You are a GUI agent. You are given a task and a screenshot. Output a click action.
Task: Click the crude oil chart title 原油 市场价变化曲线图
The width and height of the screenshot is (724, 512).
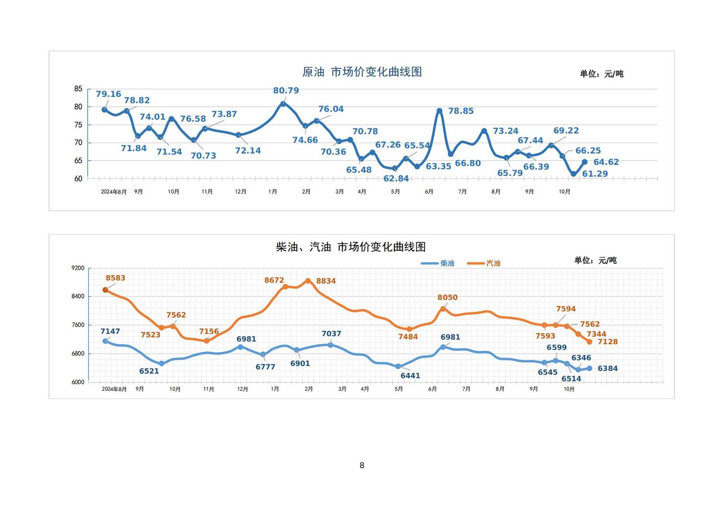pyautogui.click(x=362, y=72)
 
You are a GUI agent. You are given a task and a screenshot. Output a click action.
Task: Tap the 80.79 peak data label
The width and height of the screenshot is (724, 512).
pyautogui.click(x=286, y=91)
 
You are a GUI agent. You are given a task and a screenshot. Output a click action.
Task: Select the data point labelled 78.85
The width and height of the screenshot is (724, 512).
pyautogui.click(x=439, y=111)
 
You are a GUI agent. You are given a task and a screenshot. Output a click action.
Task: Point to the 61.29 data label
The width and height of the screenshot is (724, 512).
pyautogui.click(x=595, y=174)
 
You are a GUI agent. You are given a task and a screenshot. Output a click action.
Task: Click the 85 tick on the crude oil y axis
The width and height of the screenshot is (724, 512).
pyautogui.click(x=78, y=89)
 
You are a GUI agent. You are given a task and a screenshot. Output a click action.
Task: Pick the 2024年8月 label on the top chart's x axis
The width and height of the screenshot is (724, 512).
pyautogui.click(x=114, y=192)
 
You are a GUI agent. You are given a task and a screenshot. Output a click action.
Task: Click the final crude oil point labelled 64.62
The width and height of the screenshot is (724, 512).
pyautogui.click(x=584, y=162)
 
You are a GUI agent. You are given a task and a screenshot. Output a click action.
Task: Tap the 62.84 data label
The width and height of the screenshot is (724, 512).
pyautogui.click(x=396, y=179)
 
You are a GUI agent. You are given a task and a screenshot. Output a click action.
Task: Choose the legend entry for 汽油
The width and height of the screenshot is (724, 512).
pyautogui.click(x=484, y=263)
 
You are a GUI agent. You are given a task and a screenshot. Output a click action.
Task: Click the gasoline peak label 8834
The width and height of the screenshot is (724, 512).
pyautogui.click(x=326, y=281)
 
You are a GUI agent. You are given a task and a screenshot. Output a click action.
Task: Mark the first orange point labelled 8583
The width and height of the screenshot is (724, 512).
pyautogui.click(x=105, y=290)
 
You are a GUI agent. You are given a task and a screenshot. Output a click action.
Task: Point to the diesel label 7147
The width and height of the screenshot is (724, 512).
pyautogui.click(x=110, y=331)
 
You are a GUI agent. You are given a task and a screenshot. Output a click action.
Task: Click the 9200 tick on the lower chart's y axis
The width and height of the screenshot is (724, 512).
pyautogui.click(x=78, y=268)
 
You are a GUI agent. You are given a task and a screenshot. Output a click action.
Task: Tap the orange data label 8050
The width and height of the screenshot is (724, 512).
pyautogui.click(x=447, y=297)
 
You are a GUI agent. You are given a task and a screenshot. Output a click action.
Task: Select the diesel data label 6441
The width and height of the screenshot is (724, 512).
pyautogui.click(x=410, y=376)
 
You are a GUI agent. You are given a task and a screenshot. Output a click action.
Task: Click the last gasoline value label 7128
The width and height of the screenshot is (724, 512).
pyautogui.click(x=607, y=342)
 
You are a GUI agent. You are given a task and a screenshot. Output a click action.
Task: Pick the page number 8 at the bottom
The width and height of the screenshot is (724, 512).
pyautogui.click(x=362, y=465)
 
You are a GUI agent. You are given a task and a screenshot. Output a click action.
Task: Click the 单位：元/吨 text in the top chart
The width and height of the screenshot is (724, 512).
pyautogui.click(x=601, y=74)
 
